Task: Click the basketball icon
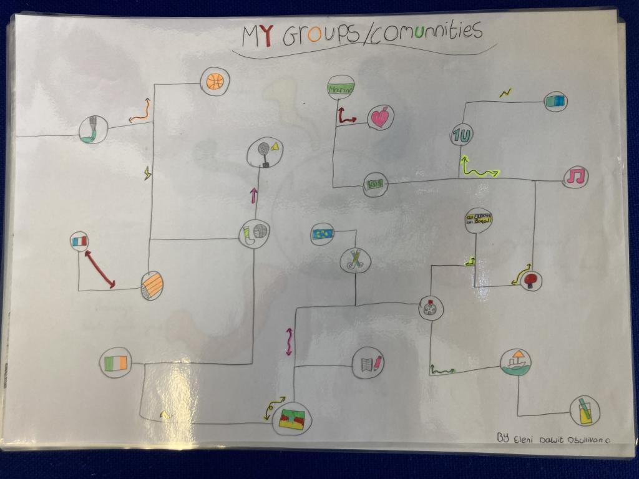(x=215, y=82)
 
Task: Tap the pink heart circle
(x=381, y=117)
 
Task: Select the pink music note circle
(x=575, y=177)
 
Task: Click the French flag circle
(x=80, y=241)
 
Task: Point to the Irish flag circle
(x=115, y=362)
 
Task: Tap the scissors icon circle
(x=356, y=260)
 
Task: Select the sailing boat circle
(x=516, y=362)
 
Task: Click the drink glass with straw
(x=585, y=411)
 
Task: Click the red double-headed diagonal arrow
(x=100, y=269)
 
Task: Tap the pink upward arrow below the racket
(x=253, y=195)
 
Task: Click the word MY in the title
(x=258, y=37)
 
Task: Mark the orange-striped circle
(x=152, y=286)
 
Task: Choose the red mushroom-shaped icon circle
(x=531, y=280)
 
